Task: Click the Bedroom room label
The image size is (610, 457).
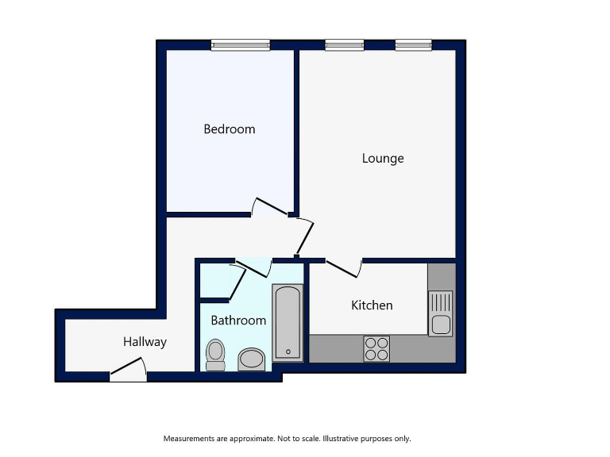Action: click(x=230, y=129)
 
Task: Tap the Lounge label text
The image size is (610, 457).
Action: click(x=383, y=158)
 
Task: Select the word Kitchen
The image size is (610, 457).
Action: click(x=372, y=305)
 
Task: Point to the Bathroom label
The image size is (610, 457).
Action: click(x=238, y=321)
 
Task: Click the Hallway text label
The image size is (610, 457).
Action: click(x=145, y=342)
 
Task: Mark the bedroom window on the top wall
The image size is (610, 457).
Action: click(x=240, y=45)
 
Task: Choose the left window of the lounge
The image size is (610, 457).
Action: click(x=344, y=45)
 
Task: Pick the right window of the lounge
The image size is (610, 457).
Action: click(x=414, y=45)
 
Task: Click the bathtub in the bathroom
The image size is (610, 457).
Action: click(x=287, y=322)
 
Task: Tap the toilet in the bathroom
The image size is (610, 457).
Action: click(x=215, y=355)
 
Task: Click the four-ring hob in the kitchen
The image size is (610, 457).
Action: click(x=376, y=348)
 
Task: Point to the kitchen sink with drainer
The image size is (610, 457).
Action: click(x=440, y=313)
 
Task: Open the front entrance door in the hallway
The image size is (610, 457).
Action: click(x=128, y=370)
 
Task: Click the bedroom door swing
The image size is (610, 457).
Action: click(x=270, y=206)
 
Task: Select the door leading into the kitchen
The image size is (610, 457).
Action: click(x=344, y=268)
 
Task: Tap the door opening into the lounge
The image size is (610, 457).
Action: click(x=304, y=236)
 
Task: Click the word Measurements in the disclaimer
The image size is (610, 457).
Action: click(x=190, y=439)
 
